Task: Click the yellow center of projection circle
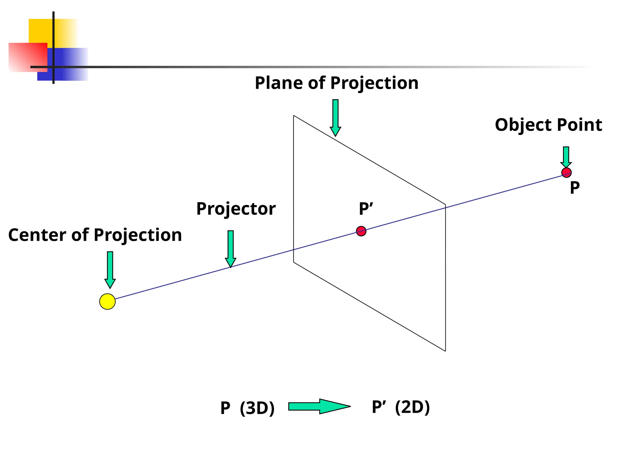coord(107,301)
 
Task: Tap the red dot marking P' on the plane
coord(361,231)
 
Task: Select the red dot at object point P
coord(566,173)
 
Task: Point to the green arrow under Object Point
coord(566,157)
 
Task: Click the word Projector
coord(236,209)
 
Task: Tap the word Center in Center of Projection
coord(37,235)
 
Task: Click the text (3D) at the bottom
coord(257,408)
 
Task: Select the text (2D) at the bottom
coord(412,407)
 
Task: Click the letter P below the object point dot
coord(575,188)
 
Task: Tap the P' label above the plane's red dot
coord(366,209)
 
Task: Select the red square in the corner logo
coord(28,57)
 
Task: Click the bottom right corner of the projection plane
coord(445,351)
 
